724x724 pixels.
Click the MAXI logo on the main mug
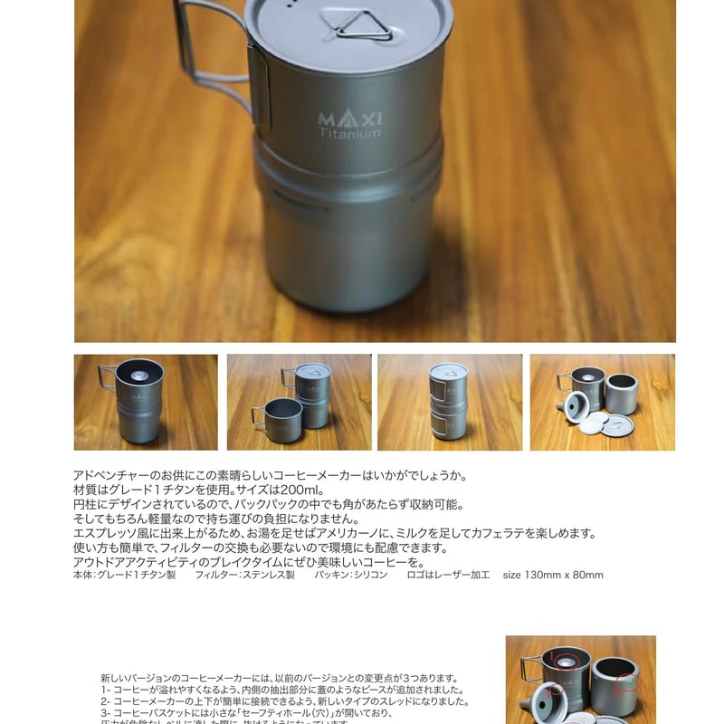tap(350, 119)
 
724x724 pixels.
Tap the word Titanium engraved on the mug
tap(349, 134)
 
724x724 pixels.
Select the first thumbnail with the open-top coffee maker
tap(146, 402)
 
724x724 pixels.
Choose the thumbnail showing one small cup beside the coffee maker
tap(299, 402)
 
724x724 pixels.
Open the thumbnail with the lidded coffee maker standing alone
tap(450, 402)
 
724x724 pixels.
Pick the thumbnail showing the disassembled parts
tap(602, 402)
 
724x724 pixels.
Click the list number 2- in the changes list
tap(106, 700)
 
